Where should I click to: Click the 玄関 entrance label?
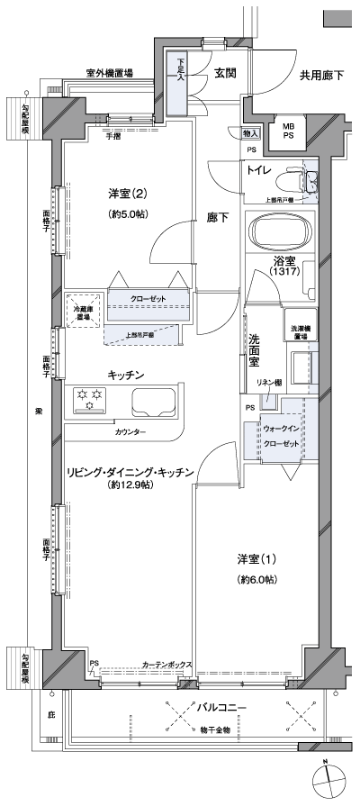point(225,73)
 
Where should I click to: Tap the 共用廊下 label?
point(320,74)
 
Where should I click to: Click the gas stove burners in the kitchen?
point(88,399)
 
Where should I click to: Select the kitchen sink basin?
point(155,400)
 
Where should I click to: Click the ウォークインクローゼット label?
point(283,437)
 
